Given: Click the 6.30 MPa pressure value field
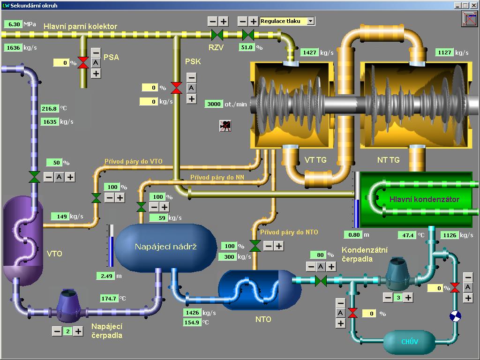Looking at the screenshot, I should click(x=13, y=24).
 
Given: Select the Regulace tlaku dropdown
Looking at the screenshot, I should click(x=287, y=21).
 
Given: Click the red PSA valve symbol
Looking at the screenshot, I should click(x=83, y=62).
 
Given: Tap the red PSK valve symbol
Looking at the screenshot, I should click(x=177, y=88).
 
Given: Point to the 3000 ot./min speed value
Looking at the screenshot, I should click(x=214, y=104).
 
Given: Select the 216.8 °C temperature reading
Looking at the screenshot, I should click(x=49, y=108).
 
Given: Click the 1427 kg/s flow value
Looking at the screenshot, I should click(x=309, y=52).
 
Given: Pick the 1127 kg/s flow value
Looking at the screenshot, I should click(x=444, y=52).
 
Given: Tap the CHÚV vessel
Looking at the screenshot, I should click(x=409, y=342).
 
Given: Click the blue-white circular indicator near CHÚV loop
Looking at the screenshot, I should click(x=455, y=316).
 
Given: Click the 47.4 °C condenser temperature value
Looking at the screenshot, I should click(x=406, y=235).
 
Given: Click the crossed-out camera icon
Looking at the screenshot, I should click(x=225, y=125).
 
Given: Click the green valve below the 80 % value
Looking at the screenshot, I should click(x=321, y=281).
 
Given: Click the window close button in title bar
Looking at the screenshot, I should click(x=473, y=5).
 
